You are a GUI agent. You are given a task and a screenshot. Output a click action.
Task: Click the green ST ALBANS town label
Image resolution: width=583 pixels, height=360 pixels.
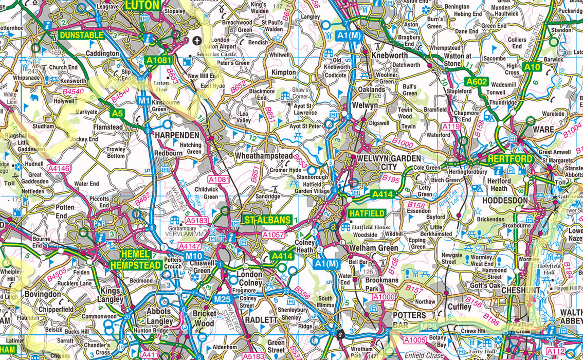tap(264, 221)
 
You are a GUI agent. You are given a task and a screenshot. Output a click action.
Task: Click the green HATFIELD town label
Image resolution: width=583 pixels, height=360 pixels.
tap(366, 213)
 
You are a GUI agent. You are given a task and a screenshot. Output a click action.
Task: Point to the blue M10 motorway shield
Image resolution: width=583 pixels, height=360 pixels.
tap(194, 256)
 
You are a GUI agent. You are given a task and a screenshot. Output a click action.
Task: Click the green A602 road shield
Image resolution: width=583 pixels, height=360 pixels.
tap(477, 81)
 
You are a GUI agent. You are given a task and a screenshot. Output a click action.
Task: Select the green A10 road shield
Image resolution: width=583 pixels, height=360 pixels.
tap(533, 66)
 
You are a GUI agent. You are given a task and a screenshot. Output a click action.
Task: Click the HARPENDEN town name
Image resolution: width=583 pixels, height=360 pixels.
tap(177, 135)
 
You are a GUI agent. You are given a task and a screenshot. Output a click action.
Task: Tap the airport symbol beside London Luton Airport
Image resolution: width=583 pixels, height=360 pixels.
tap(197, 40)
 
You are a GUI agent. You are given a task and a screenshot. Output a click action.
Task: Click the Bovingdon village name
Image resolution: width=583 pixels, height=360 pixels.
tap(42, 295)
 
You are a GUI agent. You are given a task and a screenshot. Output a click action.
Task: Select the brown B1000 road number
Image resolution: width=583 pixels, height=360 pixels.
tap(403, 142)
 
